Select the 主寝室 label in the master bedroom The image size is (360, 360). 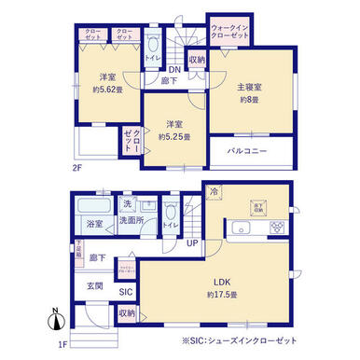(x=249, y=86)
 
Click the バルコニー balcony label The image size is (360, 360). (x=252, y=150)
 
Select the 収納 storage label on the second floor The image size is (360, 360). (x=196, y=61)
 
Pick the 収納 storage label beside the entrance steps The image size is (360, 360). (x=126, y=312)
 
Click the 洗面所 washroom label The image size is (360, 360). (x=131, y=221)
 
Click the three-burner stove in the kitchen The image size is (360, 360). (x=277, y=227)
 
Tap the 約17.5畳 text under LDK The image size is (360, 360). (x=223, y=294)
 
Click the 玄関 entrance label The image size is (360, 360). (x=96, y=285)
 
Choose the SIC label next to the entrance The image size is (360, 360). (x=126, y=290)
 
